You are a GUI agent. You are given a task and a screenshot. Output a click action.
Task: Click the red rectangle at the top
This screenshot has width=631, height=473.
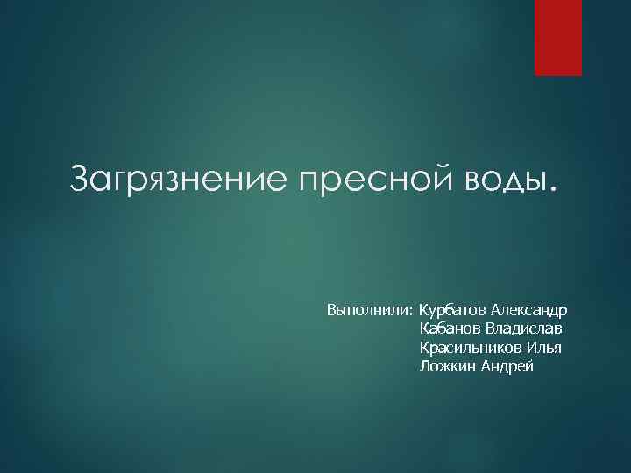tap(558, 38)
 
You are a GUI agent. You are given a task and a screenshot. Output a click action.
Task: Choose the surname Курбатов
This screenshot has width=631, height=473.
tap(452, 311)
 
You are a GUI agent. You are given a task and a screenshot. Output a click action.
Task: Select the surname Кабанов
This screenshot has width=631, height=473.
tap(450, 328)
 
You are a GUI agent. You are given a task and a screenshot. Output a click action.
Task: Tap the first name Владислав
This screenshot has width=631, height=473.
tap(523, 328)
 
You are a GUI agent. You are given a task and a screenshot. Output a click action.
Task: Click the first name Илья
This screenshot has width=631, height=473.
tap(544, 347)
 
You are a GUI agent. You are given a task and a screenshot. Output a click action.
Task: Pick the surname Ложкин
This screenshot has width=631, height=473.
tap(446, 365)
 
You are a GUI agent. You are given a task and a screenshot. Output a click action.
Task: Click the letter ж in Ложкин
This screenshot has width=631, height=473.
tap(443, 366)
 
